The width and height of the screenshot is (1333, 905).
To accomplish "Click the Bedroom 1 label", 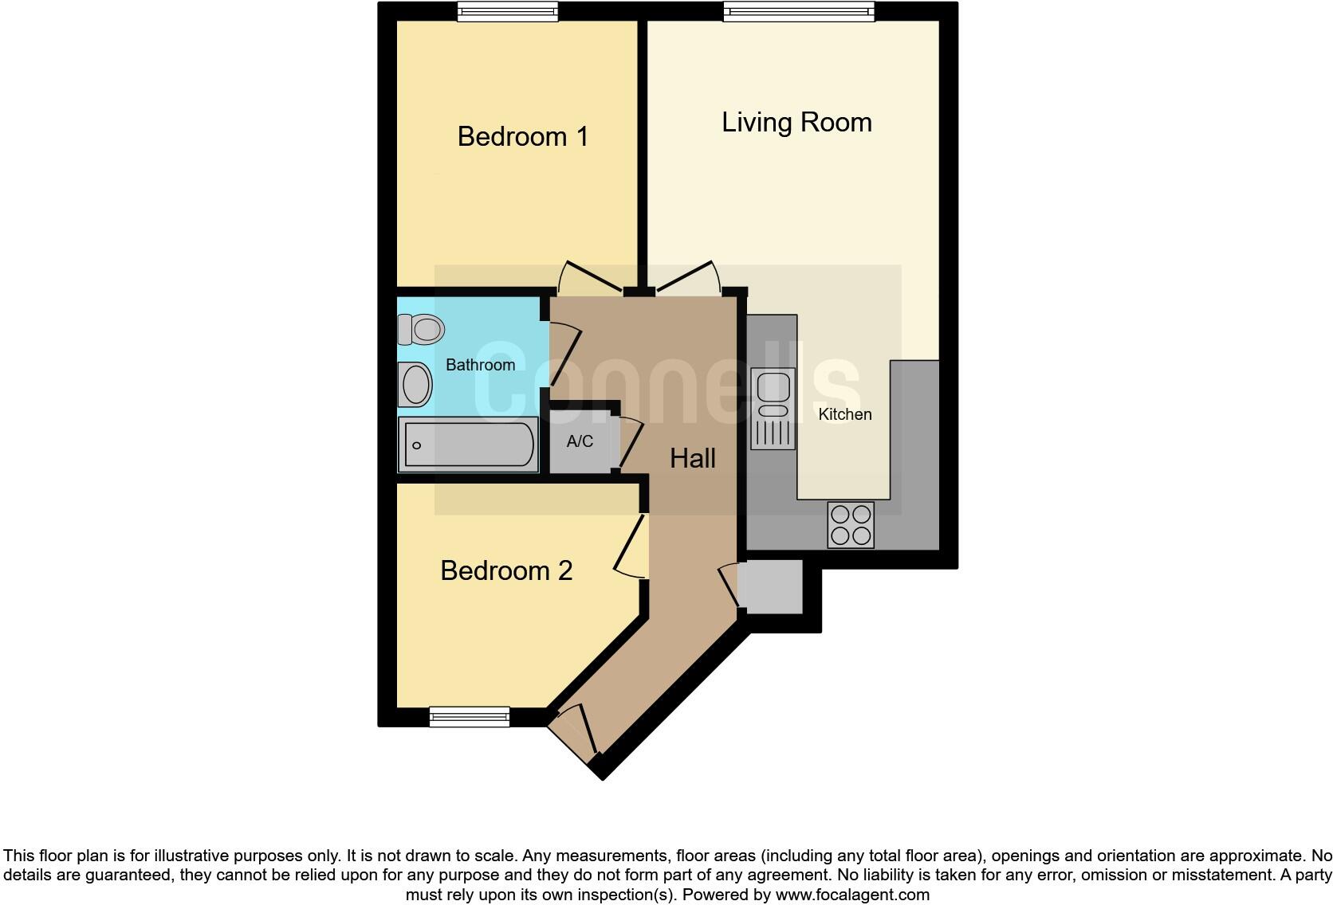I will pyautogui.click(x=522, y=136).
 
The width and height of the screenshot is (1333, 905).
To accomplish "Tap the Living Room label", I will pyautogui.click(x=796, y=122).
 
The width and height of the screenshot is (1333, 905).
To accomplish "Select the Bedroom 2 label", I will pyautogui.click(x=506, y=570).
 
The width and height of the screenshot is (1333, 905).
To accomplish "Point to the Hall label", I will pyautogui.click(x=692, y=458).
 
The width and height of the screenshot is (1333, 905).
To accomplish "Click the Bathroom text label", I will pyautogui.click(x=480, y=365).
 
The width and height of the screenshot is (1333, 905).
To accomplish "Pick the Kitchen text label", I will pyautogui.click(x=845, y=414).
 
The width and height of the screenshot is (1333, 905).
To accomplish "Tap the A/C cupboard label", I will pyautogui.click(x=580, y=441).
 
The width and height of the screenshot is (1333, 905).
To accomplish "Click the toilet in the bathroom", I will pyautogui.click(x=421, y=328).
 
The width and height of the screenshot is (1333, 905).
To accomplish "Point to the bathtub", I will pyautogui.click(x=468, y=445).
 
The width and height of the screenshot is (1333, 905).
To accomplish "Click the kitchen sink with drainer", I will pyautogui.click(x=773, y=409).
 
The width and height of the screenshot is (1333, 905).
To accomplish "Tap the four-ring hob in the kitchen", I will pyautogui.click(x=851, y=525).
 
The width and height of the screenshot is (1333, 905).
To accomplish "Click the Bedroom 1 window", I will pyautogui.click(x=507, y=11).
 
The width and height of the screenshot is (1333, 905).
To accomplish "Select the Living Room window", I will pyautogui.click(x=799, y=11).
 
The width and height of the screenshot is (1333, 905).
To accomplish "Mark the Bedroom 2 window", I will pyautogui.click(x=469, y=717).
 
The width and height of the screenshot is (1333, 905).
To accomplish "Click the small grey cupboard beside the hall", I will pyautogui.click(x=769, y=586).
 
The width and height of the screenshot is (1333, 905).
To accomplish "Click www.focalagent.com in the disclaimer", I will pyautogui.click(x=852, y=895).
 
